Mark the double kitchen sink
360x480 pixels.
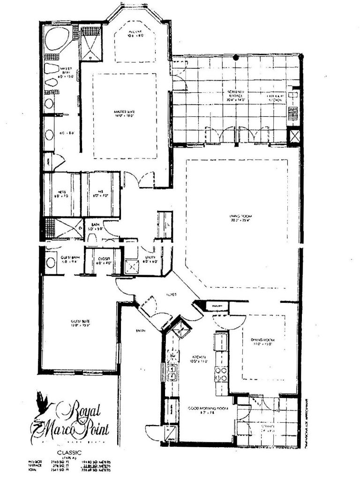point(173,372)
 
